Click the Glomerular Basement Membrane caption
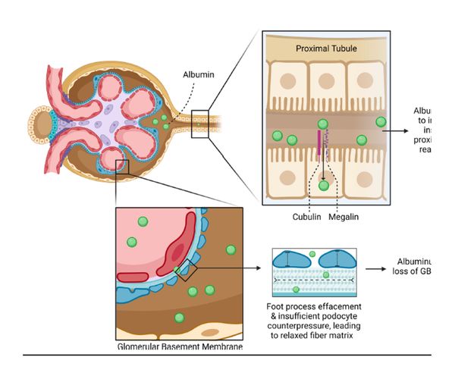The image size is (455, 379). [x=181, y=347]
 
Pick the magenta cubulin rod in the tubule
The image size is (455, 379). [x=319, y=144]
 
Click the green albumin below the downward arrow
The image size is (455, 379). [x=325, y=185]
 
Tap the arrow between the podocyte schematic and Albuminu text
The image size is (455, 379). [x=378, y=268]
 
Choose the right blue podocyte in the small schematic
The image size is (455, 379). [x=337, y=260]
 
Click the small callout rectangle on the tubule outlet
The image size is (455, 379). [x=199, y=124]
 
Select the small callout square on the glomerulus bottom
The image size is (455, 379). [x=121, y=166]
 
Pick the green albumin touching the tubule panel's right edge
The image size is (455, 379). [x=380, y=121]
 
